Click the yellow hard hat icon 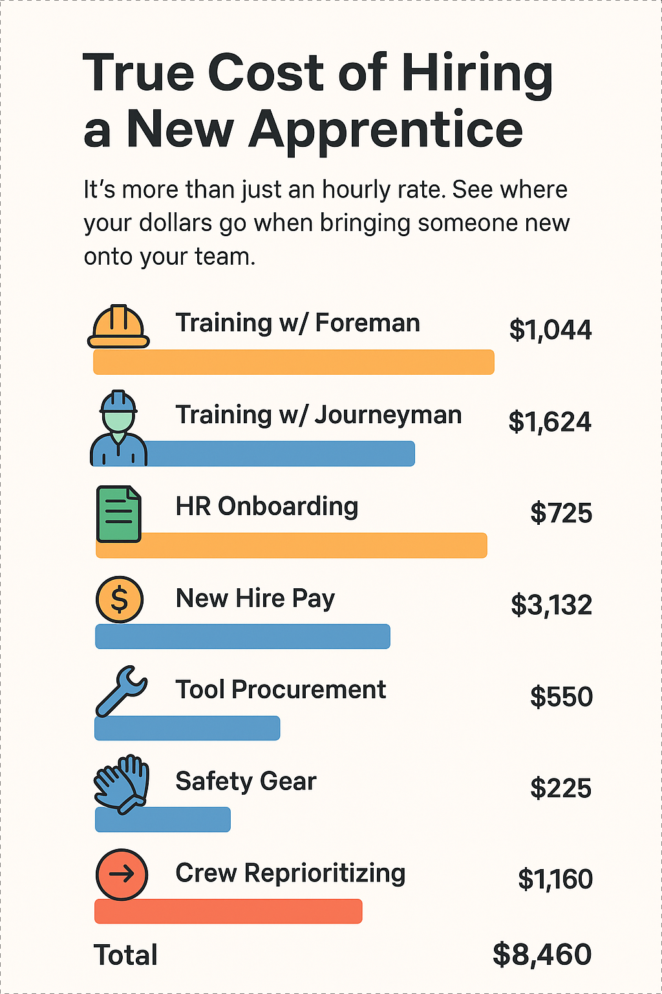coord(118,326)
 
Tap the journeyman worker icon coord(118,428)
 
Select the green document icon coord(118,513)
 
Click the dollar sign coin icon coord(120,599)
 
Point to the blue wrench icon coord(121,690)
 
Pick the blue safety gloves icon coord(122,782)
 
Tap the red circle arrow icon coord(122,874)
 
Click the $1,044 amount coord(550,330)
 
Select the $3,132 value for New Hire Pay coord(551,605)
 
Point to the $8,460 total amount coord(542,955)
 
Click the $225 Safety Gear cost coord(561,788)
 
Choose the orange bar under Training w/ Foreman coord(294,362)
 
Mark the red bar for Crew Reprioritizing coord(228,911)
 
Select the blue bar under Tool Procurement coord(187,728)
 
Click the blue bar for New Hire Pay coord(242,637)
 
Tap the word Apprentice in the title coord(385,129)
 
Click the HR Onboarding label coord(266,506)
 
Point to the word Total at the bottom coord(125,955)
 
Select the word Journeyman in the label coord(388,415)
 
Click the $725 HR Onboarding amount coord(561,513)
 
